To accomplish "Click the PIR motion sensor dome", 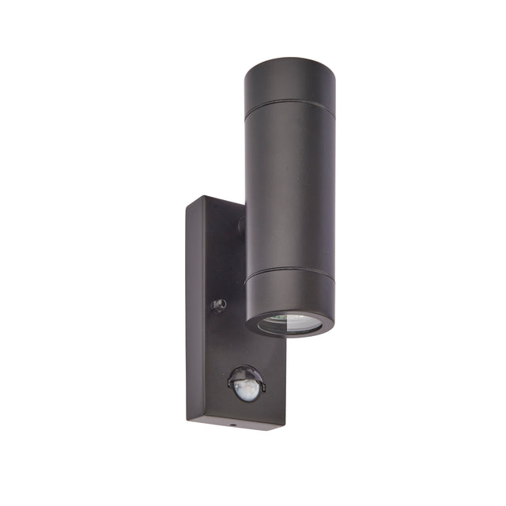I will (x=246, y=384).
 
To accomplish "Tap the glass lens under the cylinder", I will (x=289, y=323).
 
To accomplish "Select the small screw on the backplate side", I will (x=218, y=304).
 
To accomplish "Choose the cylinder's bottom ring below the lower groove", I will (x=289, y=294).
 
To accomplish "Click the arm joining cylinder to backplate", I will (x=240, y=225).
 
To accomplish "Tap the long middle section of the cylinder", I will (x=289, y=190).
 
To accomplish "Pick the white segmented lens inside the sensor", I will (x=247, y=390).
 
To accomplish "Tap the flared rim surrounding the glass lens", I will (x=289, y=331).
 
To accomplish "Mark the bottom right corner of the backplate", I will (x=284, y=425).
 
